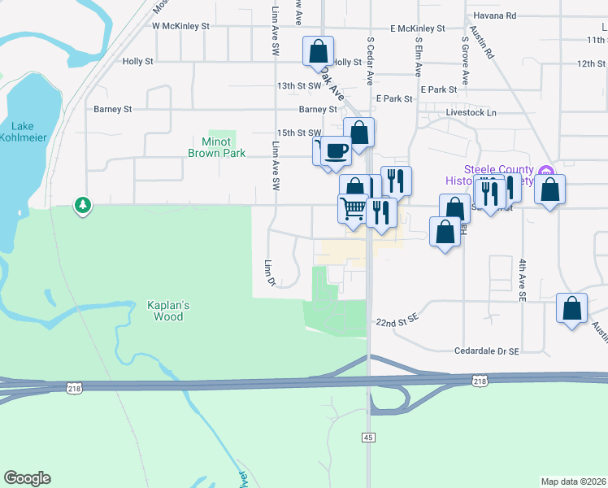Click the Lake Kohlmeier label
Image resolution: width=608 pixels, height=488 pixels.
point(29,131)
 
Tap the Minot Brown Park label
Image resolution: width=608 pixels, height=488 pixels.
point(217,147)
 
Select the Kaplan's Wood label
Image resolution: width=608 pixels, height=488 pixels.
point(168,311)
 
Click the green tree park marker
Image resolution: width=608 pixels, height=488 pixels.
point(82,205)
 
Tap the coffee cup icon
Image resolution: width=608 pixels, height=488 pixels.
point(336,150)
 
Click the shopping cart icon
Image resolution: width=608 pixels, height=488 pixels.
point(353,208)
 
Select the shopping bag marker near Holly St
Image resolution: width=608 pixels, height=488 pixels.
point(318,51)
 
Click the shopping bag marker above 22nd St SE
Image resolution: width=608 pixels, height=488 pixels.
point(572,308)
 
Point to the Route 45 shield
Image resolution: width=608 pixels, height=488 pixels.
point(368,438)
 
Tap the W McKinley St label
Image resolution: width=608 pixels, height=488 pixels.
point(180,26)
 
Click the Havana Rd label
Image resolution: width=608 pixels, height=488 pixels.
point(498,15)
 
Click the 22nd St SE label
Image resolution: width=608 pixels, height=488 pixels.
point(396,323)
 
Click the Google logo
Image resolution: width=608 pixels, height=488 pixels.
point(27,478)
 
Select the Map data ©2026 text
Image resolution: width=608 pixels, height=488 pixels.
point(574,481)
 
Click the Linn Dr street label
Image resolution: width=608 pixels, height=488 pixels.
point(268,273)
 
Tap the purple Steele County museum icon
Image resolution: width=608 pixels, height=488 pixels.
point(546,172)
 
